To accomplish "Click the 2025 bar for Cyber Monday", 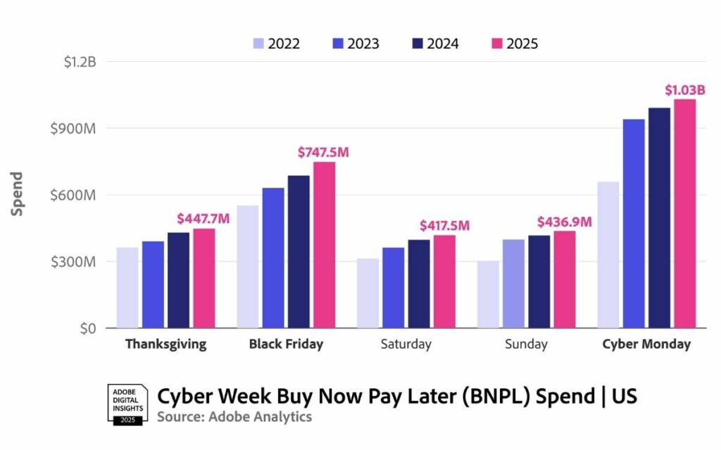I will [x=684, y=214].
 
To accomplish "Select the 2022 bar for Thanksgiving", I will [x=127, y=288].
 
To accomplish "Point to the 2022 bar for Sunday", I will [x=488, y=295].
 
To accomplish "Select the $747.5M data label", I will [x=323, y=153].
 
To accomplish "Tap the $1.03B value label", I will [x=684, y=90].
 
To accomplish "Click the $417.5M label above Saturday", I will [x=444, y=226].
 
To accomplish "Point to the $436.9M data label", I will [x=564, y=222].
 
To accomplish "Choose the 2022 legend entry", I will [x=276, y=44].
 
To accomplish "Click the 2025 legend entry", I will [x=513, y=44].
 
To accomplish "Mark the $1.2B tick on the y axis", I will [x=79, y=62].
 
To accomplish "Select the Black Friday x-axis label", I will [x=286, y=345].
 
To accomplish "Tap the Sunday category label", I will [x=527, y=345].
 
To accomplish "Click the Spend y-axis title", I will [x=18, y=194].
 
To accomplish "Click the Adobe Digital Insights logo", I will [x=127, y=404].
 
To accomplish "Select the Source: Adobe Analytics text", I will [x=234, y=417].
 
